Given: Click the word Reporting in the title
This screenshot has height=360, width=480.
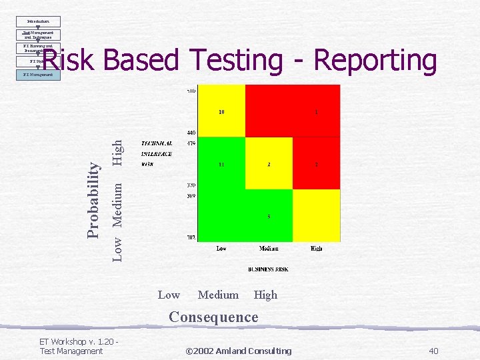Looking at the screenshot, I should tap(375, 61).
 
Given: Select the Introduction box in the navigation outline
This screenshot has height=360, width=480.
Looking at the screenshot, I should tap(39, 21).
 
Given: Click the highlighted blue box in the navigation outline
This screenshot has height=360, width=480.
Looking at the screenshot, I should tap(39, 75).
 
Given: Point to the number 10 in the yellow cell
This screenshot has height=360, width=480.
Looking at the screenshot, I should tap(221, 111).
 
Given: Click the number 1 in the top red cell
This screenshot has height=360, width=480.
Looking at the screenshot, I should tap(316, 112).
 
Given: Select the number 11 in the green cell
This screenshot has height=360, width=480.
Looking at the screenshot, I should tap(221, 164).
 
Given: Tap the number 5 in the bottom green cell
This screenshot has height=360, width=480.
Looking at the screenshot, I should tap(269, 216).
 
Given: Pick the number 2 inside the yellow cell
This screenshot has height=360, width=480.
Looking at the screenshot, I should tap(269, 164).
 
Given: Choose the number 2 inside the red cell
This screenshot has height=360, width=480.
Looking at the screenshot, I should tap(316, 164).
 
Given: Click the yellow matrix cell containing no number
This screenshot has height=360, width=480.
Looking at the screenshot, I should tap(316, 215).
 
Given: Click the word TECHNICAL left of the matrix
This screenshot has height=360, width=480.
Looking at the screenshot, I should tap(157, 143).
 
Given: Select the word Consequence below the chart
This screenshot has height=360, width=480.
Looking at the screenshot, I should tap(213, 317).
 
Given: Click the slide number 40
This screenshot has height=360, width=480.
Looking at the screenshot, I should tap(433, 351).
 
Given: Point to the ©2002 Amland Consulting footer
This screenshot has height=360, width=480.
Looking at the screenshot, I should tap(238, 351).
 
